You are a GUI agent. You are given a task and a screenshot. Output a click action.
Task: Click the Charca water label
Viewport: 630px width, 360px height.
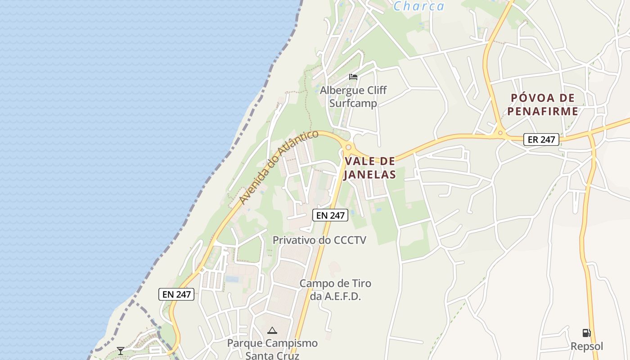[x=419, y=6]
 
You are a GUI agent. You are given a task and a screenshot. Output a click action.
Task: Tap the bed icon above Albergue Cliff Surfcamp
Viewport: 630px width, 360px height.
[x=353, y=77]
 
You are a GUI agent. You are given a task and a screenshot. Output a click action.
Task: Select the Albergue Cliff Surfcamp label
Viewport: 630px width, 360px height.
[x=353, y=96]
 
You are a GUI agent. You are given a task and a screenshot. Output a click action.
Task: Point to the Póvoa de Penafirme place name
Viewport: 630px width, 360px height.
[x=543, y=104]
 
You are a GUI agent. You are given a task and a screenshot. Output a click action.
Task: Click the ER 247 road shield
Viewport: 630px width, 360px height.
[x=541, y=139]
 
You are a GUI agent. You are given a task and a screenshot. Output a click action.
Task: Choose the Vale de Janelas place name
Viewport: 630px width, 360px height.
[x=369, y=168]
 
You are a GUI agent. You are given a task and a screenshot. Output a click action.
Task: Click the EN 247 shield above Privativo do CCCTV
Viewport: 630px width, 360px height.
[x=330, y=216]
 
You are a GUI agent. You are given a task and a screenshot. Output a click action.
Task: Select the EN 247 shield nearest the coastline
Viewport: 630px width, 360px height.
[x=176, y=294]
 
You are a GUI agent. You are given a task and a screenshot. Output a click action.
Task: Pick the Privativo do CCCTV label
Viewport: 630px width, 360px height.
[x=319, y=240]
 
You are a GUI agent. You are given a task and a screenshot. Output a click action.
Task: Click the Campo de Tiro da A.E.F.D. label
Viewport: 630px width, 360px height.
[x=335, y=290]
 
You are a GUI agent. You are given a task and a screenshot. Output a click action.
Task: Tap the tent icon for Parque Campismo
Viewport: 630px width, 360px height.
[x=272, y=331]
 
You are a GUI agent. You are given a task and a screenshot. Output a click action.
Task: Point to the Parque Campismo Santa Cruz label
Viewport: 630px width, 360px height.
[x=272, y=349]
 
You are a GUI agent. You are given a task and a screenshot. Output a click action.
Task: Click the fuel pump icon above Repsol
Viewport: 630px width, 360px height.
[x=586, y=333]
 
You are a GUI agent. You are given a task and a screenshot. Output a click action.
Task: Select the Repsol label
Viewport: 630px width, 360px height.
[x=587, y=346]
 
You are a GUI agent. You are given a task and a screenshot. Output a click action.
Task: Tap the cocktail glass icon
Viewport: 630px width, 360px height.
[x=120, y=351]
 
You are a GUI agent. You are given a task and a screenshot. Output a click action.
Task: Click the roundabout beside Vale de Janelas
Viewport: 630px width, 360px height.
[x=348, y=147]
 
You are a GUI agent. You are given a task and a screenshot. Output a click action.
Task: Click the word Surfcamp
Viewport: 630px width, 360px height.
[x=353, y=103]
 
